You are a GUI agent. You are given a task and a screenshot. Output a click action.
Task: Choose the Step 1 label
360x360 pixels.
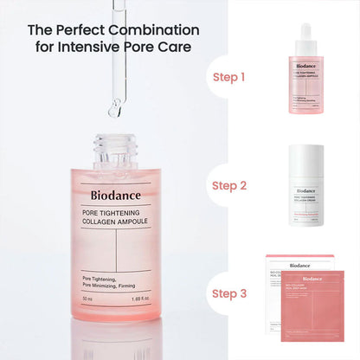[x=228, y=77]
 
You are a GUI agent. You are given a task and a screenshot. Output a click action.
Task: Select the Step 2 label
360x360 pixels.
[x=228, y=185]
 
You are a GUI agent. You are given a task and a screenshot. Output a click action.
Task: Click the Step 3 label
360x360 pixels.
[x=228, y=293]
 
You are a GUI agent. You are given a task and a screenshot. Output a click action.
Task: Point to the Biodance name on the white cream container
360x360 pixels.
[x=305, y=190]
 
